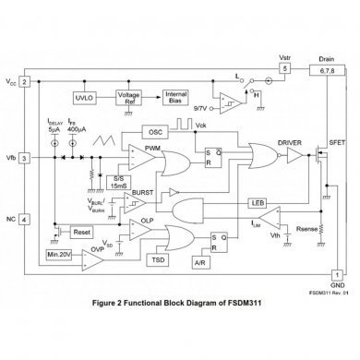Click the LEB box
[258, 201]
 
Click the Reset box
[80, 232]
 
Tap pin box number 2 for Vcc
[25, 82]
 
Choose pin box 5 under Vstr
[286, 68]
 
